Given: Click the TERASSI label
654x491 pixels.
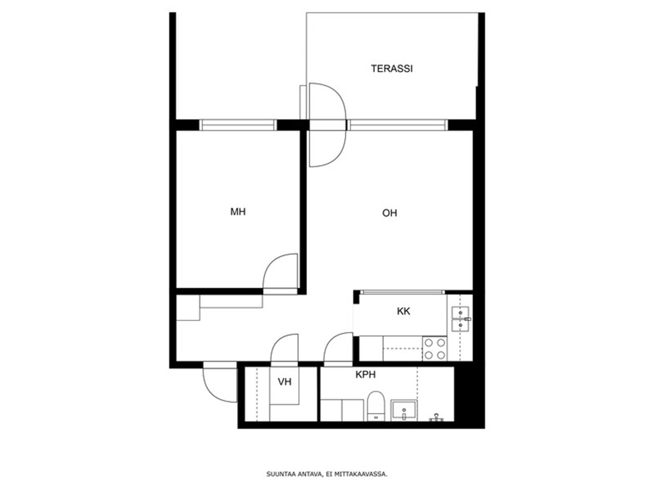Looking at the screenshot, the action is (391, 69).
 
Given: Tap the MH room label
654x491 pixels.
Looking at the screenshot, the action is (238, 212).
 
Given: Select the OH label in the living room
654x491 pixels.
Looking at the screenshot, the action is (389, 213).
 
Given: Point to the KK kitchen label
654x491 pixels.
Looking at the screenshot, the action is (404, 311).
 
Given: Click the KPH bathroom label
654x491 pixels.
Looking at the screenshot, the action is (365, 375).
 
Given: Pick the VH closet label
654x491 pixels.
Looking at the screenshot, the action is (284, 381).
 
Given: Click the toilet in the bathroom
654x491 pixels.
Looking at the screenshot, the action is (375, 406).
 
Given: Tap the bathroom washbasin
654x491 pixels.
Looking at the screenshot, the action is (404, 410).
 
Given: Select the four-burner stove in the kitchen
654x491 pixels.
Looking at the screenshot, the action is (434, 349).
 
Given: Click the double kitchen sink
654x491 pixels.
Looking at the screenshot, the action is (460, 319).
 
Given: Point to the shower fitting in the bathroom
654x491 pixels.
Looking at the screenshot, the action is (436, 418).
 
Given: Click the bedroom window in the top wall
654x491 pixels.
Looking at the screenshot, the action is (238, 125).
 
